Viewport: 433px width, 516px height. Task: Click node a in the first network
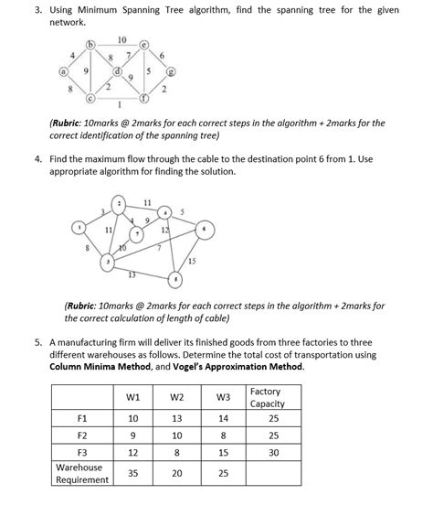click(63, 70)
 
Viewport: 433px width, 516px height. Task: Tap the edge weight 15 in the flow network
click(193, 262)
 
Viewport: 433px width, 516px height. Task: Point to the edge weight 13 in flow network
click(132, 274)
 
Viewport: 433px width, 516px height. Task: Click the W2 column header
click(177, 396)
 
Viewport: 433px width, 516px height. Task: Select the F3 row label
click(82, 452)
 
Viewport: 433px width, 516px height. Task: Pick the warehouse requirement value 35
click(132, 473)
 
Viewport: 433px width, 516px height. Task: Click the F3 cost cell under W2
click(177, 452)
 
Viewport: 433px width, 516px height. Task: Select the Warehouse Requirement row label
click(81, 473)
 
